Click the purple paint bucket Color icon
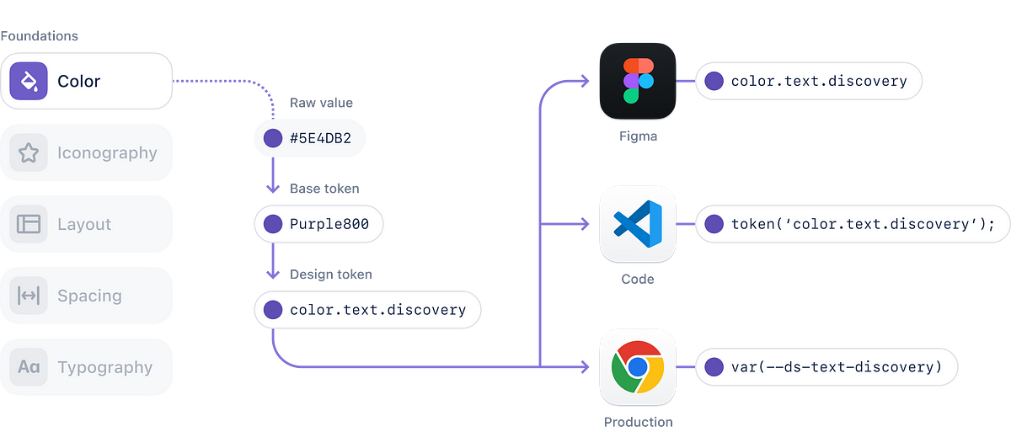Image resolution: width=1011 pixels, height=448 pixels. point(29,81)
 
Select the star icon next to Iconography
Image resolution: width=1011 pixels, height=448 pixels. point(29,152)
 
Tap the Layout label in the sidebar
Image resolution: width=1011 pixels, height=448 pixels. point(84,224)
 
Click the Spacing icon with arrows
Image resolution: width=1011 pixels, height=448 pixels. point(29,296)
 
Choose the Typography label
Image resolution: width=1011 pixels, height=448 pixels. point(104,367)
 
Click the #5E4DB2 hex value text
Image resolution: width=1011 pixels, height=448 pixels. point(317,139)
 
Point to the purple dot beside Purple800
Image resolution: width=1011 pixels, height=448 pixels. point(273,224)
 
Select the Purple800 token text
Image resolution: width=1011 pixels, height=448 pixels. point(324,224)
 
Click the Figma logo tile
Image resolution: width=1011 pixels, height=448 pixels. point(638,82)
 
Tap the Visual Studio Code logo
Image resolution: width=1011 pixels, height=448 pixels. point(638,224)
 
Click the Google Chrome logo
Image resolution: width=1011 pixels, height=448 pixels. point(638,367)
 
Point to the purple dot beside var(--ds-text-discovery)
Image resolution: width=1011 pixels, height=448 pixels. point(714,367)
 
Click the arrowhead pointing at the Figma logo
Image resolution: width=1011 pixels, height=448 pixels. point(584,82)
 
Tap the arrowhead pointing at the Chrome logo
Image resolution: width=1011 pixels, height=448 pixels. point(584,367)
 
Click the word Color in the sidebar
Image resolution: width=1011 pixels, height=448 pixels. point(78,81)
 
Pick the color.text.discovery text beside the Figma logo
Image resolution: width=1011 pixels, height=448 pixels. point(819,82)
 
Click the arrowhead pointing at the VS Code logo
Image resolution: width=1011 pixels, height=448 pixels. point(584,224)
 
